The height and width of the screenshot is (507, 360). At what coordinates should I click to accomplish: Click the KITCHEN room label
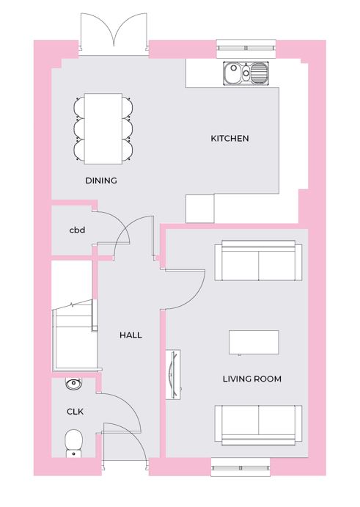pos(229,139)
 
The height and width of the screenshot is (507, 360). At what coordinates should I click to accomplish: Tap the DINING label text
pos(101,180)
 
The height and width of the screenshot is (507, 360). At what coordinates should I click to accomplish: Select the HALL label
pos(131,335)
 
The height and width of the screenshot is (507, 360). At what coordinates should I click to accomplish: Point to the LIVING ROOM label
pos(252,379)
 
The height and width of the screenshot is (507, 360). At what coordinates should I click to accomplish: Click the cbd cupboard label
pos(77,230)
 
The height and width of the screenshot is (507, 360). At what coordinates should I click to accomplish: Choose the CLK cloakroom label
pos(75,412)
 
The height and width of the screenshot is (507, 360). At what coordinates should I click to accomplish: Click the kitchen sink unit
pos(246,73)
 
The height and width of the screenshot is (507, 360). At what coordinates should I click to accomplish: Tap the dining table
pos(103,128)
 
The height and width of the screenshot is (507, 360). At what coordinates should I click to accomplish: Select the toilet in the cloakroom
pos(74,443)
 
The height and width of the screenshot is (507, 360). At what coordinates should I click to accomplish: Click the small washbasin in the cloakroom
pos(74,384)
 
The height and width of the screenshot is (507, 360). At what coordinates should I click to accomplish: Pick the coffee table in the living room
pos(254,343)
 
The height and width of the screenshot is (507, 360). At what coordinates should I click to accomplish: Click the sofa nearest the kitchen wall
pos(259,260)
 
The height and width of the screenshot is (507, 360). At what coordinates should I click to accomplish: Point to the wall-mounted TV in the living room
pos(173,374)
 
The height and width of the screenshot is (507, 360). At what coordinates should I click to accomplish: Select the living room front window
pos(240,467)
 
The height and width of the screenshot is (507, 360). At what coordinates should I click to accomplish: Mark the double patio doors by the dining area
pos(114,34)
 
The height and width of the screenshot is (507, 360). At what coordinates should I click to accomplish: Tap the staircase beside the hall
pos(75,335)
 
